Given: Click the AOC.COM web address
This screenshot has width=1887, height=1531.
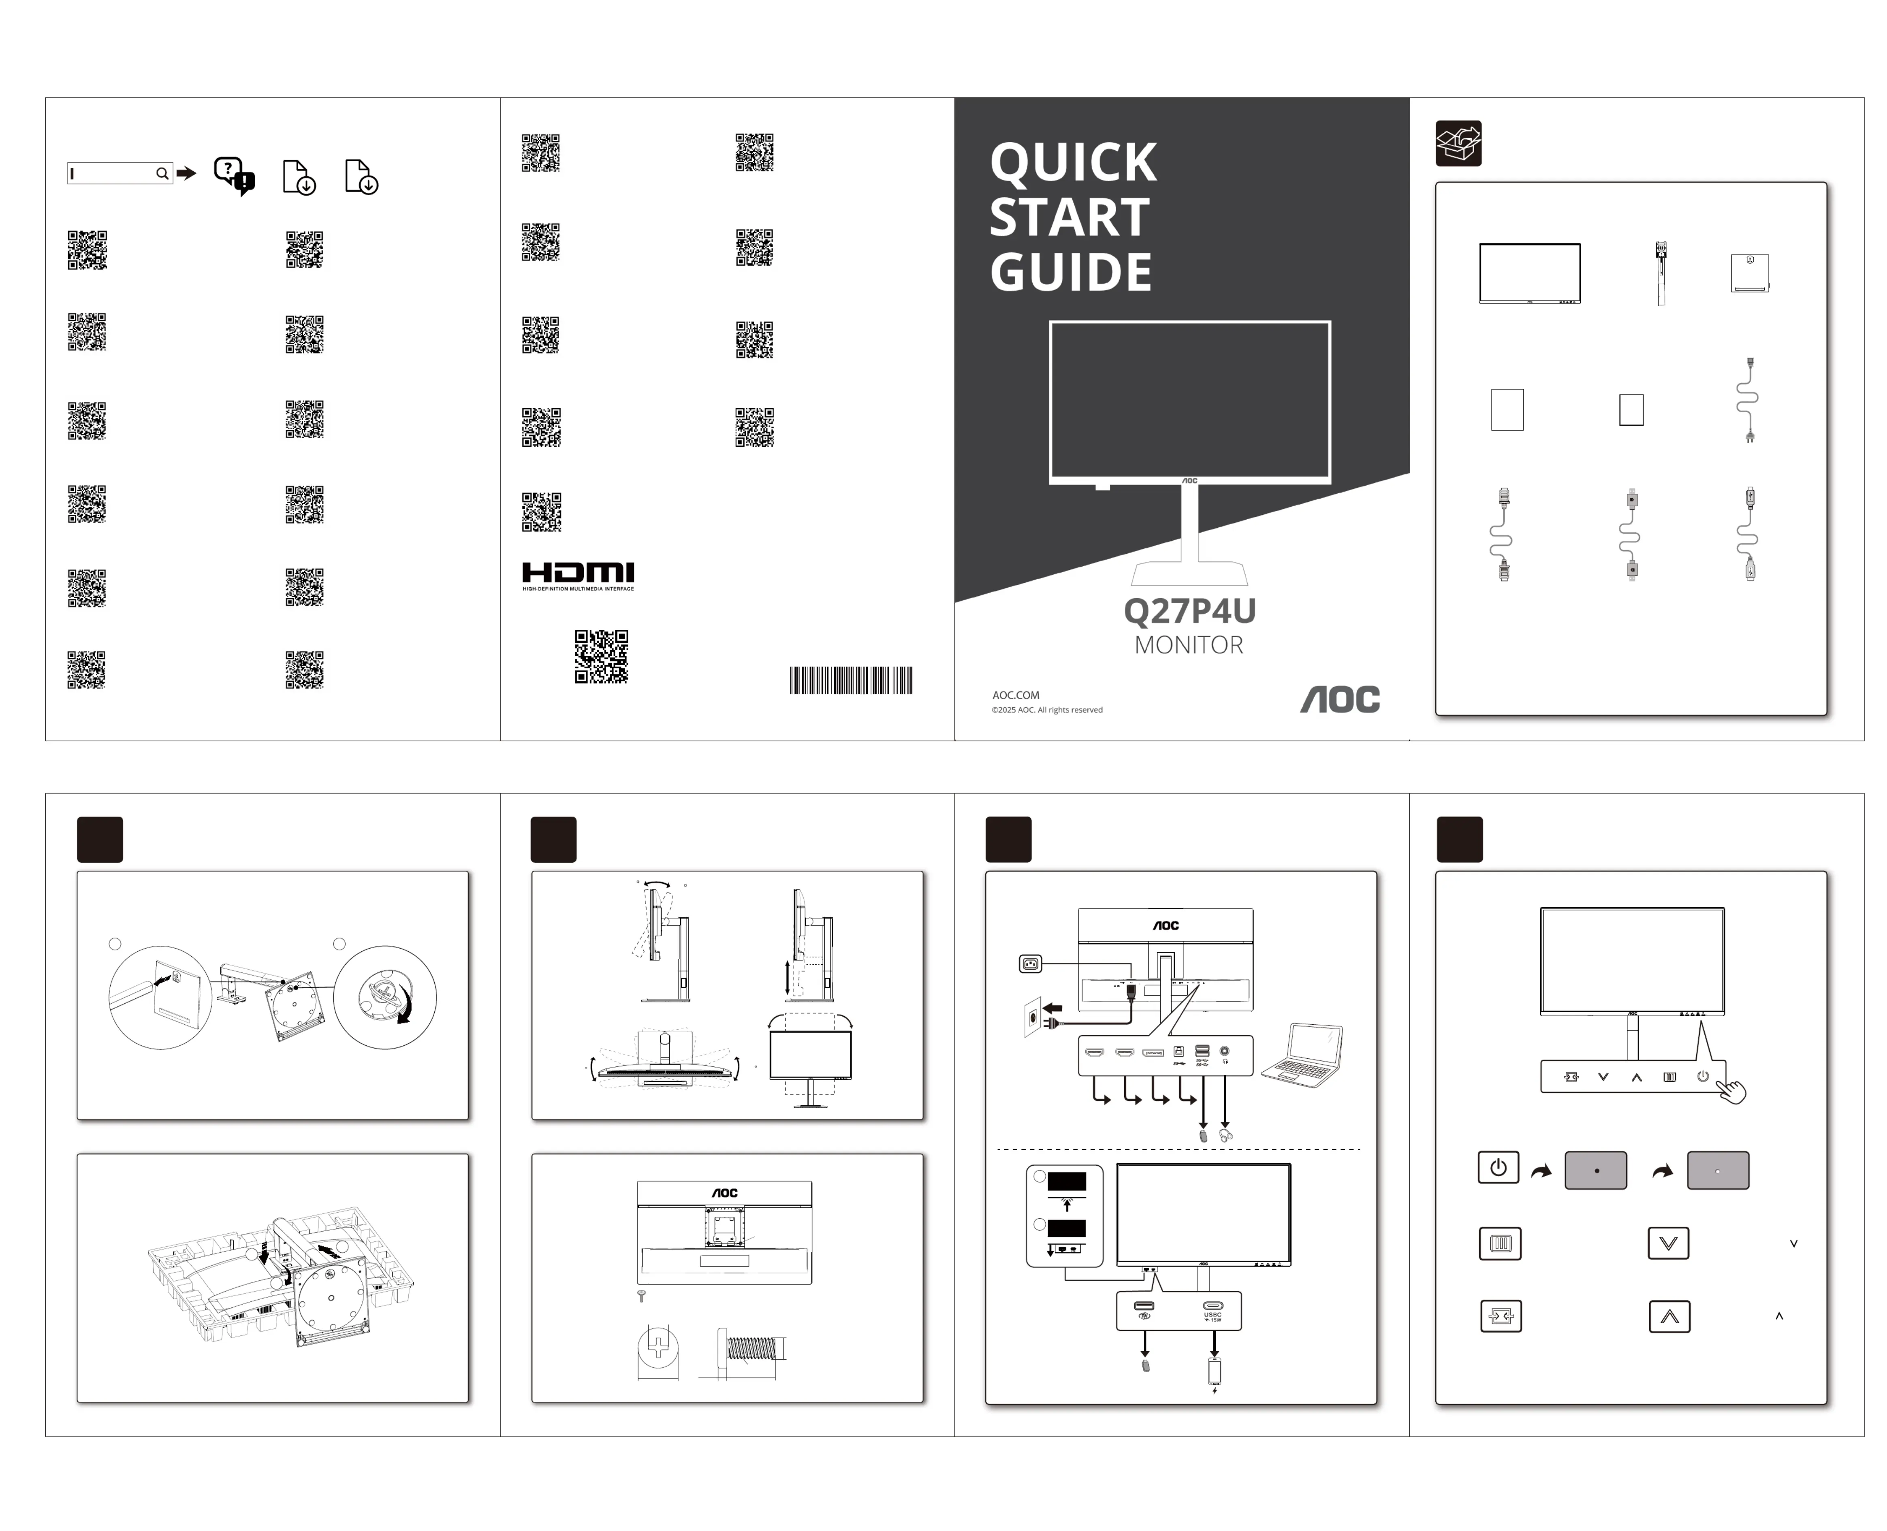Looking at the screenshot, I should click(x=1015, y=695).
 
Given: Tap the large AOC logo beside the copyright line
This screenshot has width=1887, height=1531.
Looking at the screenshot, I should click(x=1339, y=699).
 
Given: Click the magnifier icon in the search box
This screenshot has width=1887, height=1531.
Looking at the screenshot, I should click(x=162, y=174).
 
